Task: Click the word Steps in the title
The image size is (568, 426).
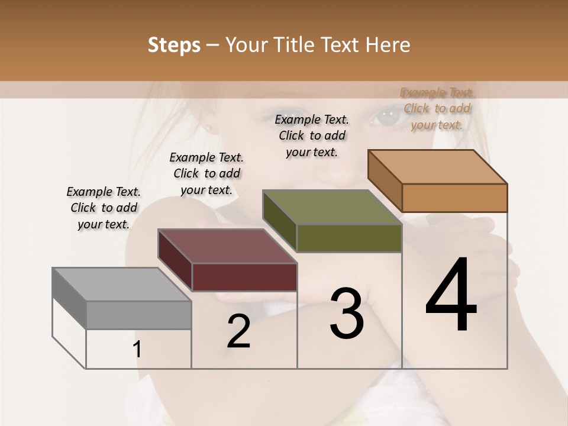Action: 174,45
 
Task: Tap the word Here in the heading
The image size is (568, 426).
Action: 389,45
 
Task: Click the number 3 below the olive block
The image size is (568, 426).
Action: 346,314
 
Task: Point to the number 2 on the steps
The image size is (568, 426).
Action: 238,331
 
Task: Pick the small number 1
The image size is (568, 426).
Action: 137,350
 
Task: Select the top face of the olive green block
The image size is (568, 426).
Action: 332,207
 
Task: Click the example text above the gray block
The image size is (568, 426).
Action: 104,208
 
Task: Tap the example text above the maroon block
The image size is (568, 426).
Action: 206,173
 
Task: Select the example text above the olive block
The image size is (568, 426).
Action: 312,135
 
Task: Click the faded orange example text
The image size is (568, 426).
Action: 437,108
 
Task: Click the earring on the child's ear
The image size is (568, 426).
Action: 209,128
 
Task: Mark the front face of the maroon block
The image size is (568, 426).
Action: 244,277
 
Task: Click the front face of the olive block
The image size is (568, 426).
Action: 349,238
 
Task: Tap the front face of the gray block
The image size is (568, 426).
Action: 139,315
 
